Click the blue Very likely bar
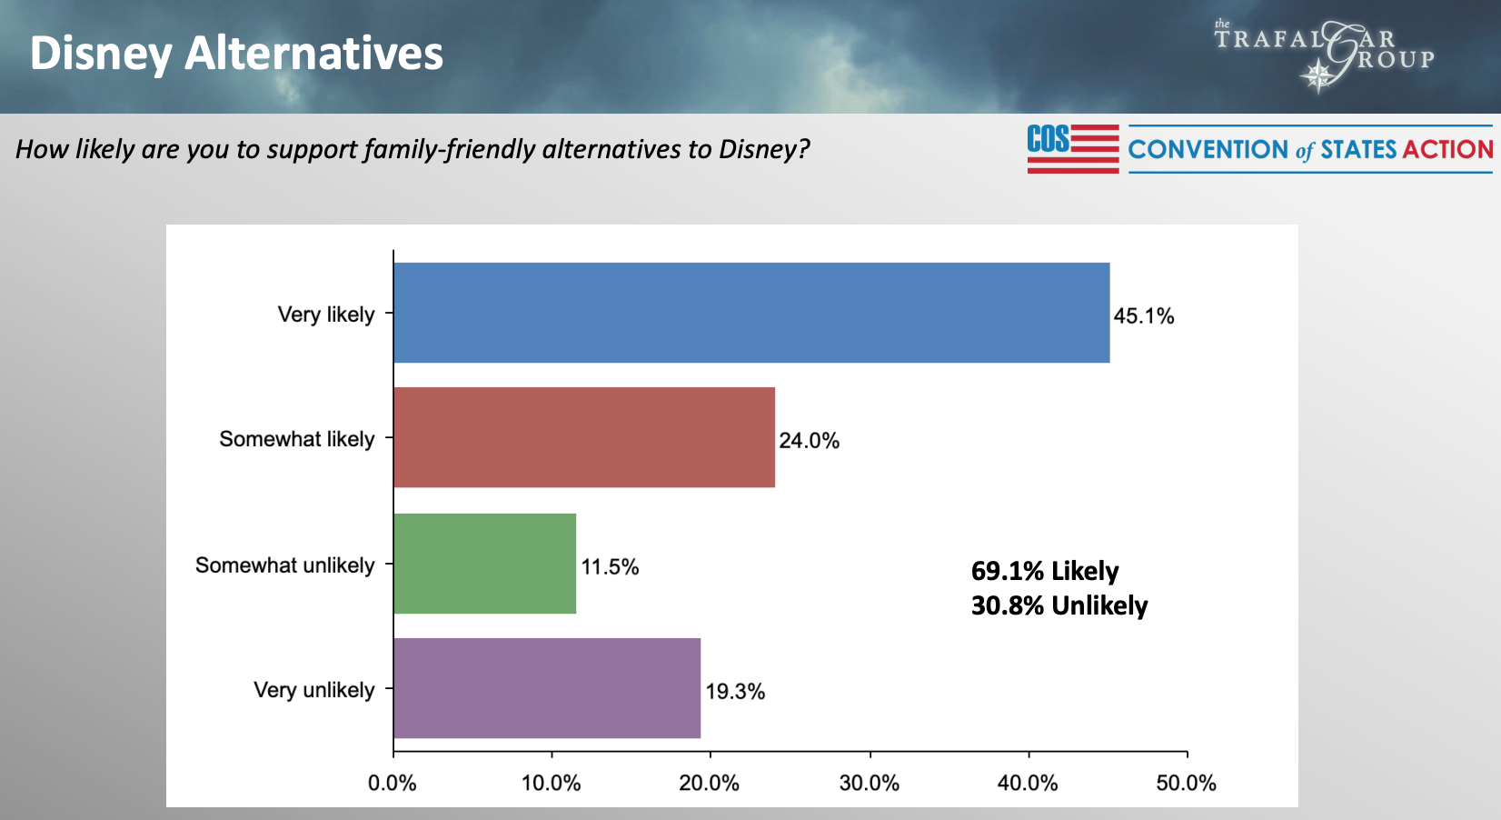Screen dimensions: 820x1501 click(x=751, y=313)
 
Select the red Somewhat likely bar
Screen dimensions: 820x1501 click(x=584, y=437)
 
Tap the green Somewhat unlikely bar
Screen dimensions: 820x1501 click(x=485, y=564)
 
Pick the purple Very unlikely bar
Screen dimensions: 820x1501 click(x=547, y=688)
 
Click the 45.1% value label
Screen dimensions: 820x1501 click(x=1144, y=316)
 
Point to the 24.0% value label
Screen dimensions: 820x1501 click(x=809, y=441)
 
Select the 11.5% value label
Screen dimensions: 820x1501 click(x=610, y=567)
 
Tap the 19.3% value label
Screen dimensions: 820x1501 click(x=735, y=692)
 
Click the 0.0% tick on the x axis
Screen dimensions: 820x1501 click(x=393, y=783)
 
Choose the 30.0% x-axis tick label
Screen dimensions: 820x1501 click(x=870, y=783)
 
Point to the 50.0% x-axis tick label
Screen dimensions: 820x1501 click(x=1186, y=783)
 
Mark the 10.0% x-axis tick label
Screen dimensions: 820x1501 click(x=551, y=783)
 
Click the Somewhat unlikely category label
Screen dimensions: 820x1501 click(x=284, y=565)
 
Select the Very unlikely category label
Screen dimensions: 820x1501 click(x=313, y=690)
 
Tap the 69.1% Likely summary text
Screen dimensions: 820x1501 click(x=1045, y=571)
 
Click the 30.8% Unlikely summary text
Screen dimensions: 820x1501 click(x=1059, y=605)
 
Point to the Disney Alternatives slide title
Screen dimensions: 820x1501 click(x=236, y=53)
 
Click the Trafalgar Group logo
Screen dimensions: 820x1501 click(x=1325, y=55)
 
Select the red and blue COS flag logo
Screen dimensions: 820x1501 click(x=1073, y=148)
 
